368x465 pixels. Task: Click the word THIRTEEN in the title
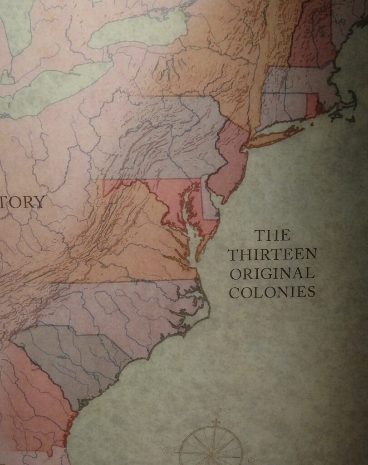click(272, 254)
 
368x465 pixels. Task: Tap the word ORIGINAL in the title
click(272, 273)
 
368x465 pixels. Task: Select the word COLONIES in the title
click(272, 292)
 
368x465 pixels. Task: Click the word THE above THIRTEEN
click(272, 235)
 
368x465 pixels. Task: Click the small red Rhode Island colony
click(312, 104)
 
